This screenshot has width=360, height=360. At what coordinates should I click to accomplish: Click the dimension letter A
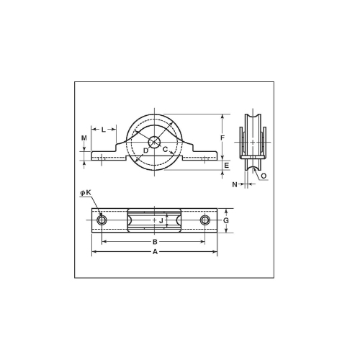click(x=156, y=251)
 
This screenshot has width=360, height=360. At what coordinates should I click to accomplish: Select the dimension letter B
click(x=155, y=242)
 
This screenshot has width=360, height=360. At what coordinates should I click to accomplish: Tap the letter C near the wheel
click(x=165, y=149)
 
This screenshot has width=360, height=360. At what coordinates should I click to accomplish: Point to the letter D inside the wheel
click(x=145, y=150)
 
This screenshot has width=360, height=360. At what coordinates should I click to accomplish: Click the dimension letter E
click(x=227, y=166)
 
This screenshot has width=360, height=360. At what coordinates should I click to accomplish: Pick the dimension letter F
click(x=222, y=138)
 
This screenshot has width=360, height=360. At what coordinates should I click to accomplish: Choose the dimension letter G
click(x=226, y=220)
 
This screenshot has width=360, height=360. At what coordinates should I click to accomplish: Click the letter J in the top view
click(x=161, y=220)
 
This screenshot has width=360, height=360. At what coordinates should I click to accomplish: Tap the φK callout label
click(x=86, y=192)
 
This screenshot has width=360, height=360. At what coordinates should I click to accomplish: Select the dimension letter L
click(x=104, y=130)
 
